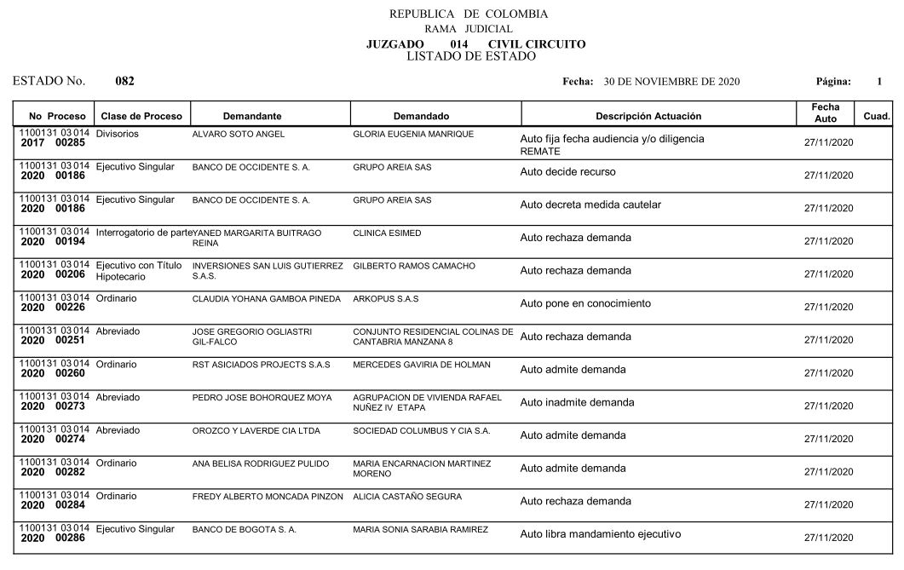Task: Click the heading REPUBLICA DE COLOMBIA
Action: pyautogui.click(x=469, y=14)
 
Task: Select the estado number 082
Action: pyautogui.click(x=124, y=82)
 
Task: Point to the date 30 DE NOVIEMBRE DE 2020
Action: pyautogui.click(x=671, y=82)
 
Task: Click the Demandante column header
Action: pyautogui.click(x=252, y=116)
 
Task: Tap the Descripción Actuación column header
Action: pyautogui.click(x=648, y=116)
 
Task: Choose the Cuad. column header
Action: pyautogui.click(x=877, y=116)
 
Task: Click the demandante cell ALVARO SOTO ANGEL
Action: pyautogui.click(x=239, y=135)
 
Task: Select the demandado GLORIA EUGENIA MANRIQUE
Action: pyautogui.click(x=413, y=135)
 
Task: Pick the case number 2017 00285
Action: pyautogui.click(x=54, y=144)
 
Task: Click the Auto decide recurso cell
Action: pyautogui.click(x=567, y=172)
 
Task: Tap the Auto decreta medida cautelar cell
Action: pyautogui.click(x=590, y=204)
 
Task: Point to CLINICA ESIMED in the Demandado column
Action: pyautogui.click(x=387, y=233)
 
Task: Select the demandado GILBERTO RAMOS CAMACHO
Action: pyautogui.click(x=414, y=266)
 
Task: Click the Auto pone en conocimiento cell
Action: pyautogui.click(x=585, y=303)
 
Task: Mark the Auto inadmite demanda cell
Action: pyautogui.click(x=577, y=402)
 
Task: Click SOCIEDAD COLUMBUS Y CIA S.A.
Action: pyautogui.click(x=422, y=431)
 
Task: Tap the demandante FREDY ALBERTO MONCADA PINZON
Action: pyautogui.click(x=268, y=497)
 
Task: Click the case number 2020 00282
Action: pyautogui.click(x=54, y=472)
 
